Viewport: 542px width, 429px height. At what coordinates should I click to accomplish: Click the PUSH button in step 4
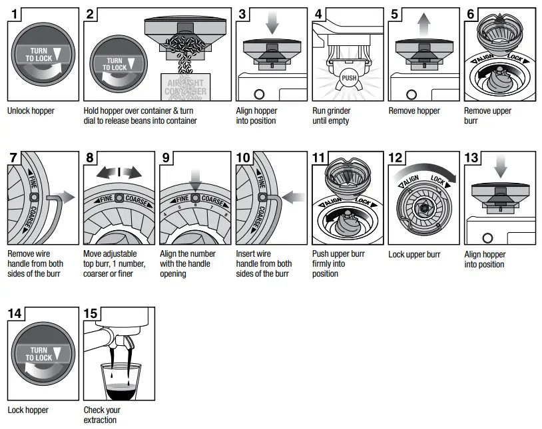pyautogui.click(x=348, y=78)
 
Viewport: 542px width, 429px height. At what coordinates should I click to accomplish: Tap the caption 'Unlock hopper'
pyautogui.click(x=31, y=111)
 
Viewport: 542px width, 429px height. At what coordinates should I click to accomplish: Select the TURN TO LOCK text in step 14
pyautogui.click(x=39, y=353)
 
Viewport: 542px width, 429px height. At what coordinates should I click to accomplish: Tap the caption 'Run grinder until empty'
pyautogui.click(x=331, y=116)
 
